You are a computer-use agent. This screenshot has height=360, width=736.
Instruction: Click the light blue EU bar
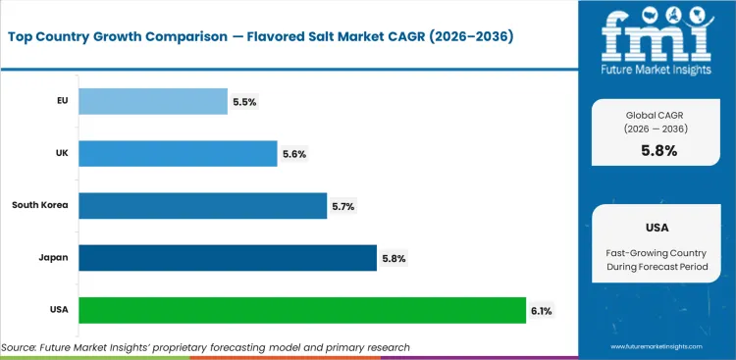coord(152,101)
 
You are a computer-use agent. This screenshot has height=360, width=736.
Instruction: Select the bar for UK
coord(177,153)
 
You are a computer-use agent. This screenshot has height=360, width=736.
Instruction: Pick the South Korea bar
coord(201,205)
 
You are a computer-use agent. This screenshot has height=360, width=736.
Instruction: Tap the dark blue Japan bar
coord(227,258)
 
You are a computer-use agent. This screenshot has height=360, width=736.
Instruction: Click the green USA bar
coord(301,310)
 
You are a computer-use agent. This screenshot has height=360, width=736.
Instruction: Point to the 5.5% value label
coord(244,101)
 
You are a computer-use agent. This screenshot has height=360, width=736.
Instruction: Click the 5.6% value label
coord(294,154)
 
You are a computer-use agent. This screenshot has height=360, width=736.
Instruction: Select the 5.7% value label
coord(343,206)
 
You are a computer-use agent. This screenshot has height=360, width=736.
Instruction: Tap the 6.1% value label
coord(541,311)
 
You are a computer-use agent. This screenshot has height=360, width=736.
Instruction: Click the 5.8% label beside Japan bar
coord(394,259)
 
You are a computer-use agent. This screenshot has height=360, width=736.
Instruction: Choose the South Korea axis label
coord(39,205)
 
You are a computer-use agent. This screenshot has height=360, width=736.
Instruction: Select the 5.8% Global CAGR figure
coord(657,151)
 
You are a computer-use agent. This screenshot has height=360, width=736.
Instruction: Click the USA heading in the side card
coord(657,227)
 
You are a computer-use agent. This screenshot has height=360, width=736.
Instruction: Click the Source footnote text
coord(206,347)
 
